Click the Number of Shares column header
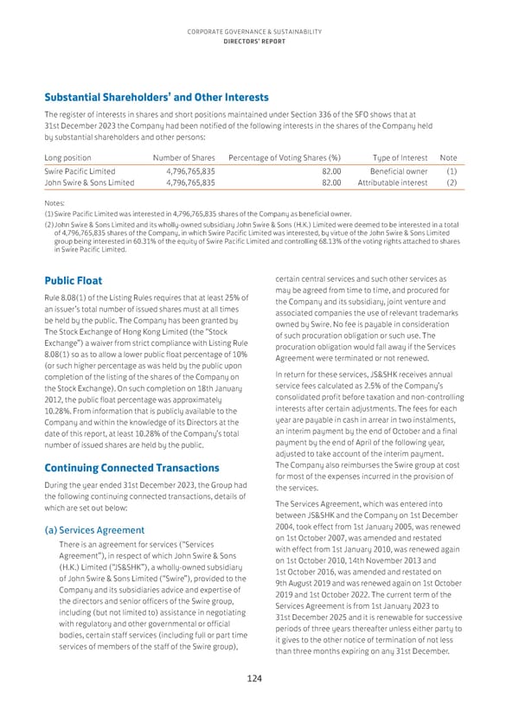tap(183, 157)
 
